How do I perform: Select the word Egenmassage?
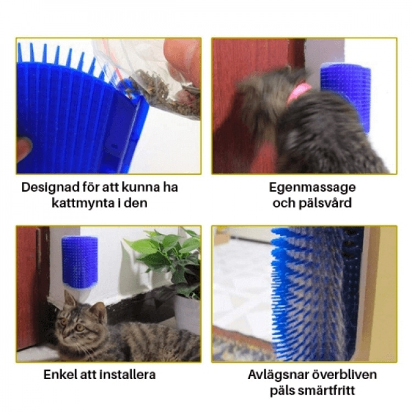pyautogui.click(x=311, y=187)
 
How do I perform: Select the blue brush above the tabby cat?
pyautogui.click(x=79, y=261)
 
